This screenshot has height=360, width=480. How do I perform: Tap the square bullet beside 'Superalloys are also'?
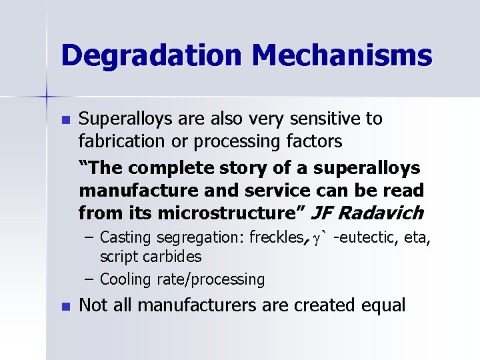pyautogui.click(x=65, y=121)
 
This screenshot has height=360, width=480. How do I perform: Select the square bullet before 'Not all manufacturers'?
pyautogui.click(x=65, y=307)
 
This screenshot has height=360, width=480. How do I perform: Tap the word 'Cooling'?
pyautogui.click(x=124, y=279)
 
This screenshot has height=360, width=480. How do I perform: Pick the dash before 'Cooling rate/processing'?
pyautogui.click(x=88, y=279)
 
